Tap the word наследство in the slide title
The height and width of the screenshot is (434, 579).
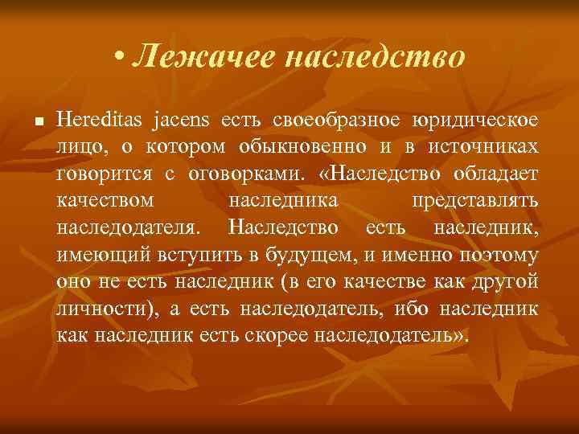point(363,57)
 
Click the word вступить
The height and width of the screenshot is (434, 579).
point(177,256)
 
